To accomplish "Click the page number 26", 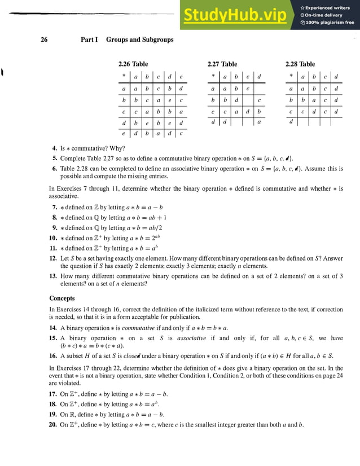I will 44,39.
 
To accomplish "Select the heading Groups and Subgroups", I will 139,39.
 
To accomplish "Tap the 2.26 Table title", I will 133,64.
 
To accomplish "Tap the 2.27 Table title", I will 222,64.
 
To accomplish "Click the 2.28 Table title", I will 300,64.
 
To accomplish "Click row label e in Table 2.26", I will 123,134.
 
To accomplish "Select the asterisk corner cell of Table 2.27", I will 213,76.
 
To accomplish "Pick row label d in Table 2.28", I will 291,121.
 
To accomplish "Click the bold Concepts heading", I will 62,298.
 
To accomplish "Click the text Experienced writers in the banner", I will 328,7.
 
